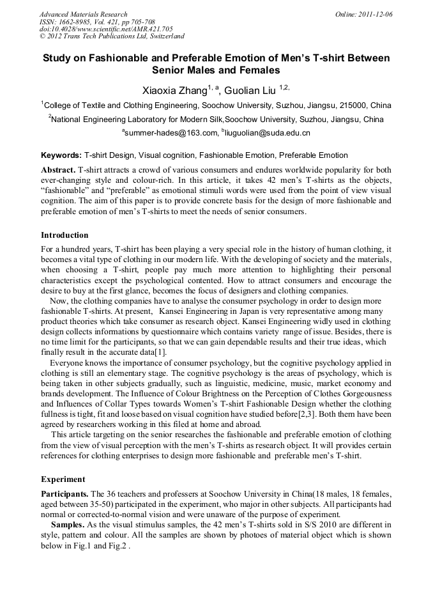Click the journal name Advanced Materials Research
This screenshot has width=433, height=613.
click(83, 14)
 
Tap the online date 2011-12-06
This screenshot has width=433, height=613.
click(375, 14)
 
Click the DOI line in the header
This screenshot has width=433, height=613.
click(106, 29)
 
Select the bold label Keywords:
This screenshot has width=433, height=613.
click(61, 155)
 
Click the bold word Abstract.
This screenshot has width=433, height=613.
click(58, 170)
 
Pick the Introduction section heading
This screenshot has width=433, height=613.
click(65, 235)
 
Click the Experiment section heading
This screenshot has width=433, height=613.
click(63, 479)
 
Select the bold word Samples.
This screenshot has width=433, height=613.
click(68, 525)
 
